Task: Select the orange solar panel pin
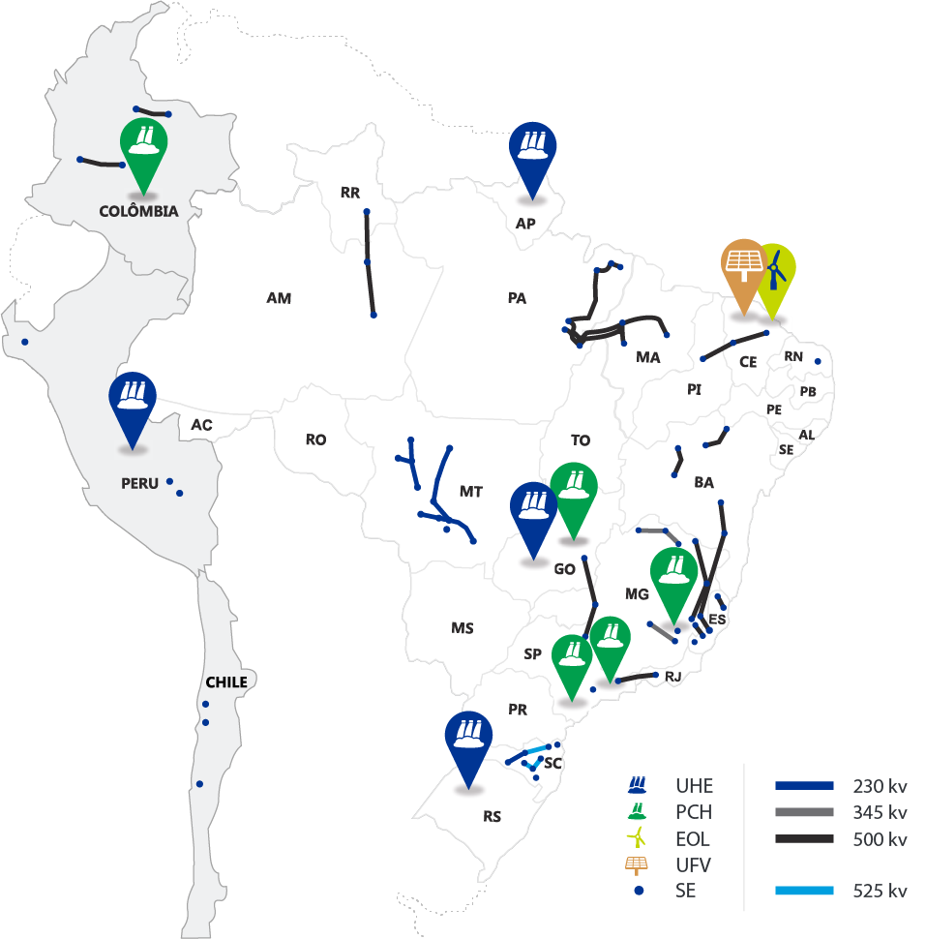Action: click(x=742, y=270)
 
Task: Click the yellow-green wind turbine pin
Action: click(x=775, y=274)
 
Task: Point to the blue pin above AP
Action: click(x=532, y=155)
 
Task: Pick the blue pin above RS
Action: click(x=467, y=742)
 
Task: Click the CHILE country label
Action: click(x=225, y=682)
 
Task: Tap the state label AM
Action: click(x=279, y=298)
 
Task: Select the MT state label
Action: click(x=470, y=492)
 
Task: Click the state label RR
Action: click(x=350, y=193)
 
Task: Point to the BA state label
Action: click(x=703, y=481)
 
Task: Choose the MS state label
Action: click(x=462, y=628)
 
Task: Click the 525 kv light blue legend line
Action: click(x=803, y=891)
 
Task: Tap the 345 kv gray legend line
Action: click(x=803, y=812)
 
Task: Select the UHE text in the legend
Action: click(x=694, y=786)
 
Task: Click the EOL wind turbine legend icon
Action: click(x=638, y=838)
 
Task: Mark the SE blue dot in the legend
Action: click(x=639, y=891)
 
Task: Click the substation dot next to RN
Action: click(x=818, y=362)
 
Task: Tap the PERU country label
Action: click(x=139, y=483)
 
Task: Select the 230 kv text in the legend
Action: click(x=880, y=786)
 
